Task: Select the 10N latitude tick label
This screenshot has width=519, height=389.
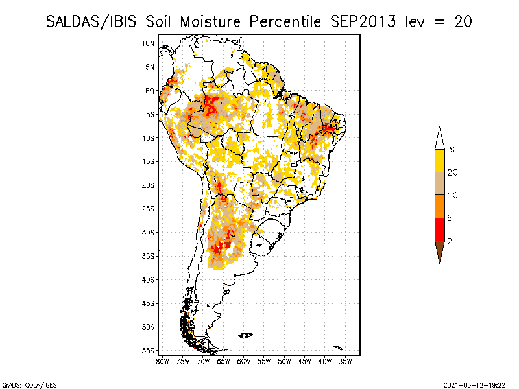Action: (148, 43)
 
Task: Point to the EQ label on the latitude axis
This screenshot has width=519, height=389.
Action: (149, 91)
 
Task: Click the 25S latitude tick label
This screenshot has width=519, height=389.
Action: (148, 209)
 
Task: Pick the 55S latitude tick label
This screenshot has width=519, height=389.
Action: (148, 351)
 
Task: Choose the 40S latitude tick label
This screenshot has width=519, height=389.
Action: (148, 279)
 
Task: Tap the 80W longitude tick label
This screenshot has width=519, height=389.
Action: (162, 361)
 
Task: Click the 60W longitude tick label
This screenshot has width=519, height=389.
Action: (244, 361)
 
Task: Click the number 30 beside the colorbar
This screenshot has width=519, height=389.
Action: (453, 150)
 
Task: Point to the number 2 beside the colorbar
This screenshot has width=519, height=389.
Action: (450, 241)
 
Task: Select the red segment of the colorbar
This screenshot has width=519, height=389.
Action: (439, 229)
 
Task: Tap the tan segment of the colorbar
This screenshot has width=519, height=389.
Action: (439, 183)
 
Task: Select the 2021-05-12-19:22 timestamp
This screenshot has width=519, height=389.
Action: (474, 384)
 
